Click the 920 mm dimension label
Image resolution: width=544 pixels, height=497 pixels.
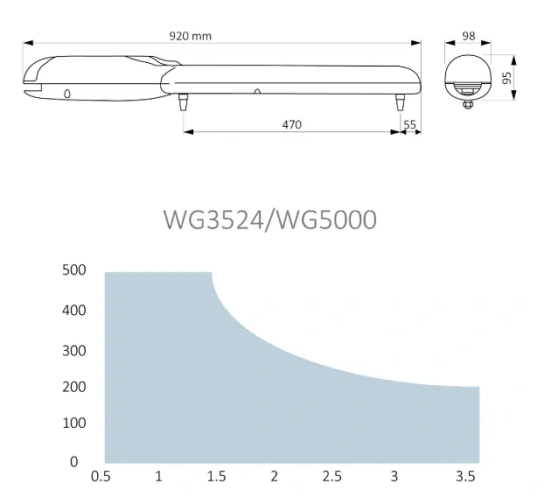pyautogui.click(x=190, y=36)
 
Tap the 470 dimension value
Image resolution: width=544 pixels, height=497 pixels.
pyautogui.click(x=292, y=124)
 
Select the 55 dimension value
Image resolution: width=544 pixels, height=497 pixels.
pyautogui.click(x=409, y=124)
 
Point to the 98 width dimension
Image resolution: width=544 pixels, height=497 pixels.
pyautogui.click(x=469, y=36)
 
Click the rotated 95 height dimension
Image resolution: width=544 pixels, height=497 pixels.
pyautogui.click(x=507, y=78)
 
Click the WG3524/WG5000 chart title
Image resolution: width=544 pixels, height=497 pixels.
pyautogui.click(x=270, y=220)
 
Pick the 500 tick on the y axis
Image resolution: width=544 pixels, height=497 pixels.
pyautogui.click(x=73, y=270)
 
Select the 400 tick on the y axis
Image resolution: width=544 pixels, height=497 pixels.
pyautogui.click(x=73, y=311)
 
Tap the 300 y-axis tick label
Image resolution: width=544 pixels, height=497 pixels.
pyautogui.click(x=73, y=351)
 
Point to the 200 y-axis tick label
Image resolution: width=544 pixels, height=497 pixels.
pyautogui.click(x=73, y=387)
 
